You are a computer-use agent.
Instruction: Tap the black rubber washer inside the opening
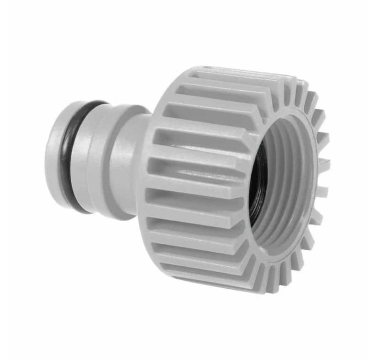point(257,183)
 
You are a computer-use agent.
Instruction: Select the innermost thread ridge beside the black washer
point(265,185)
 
